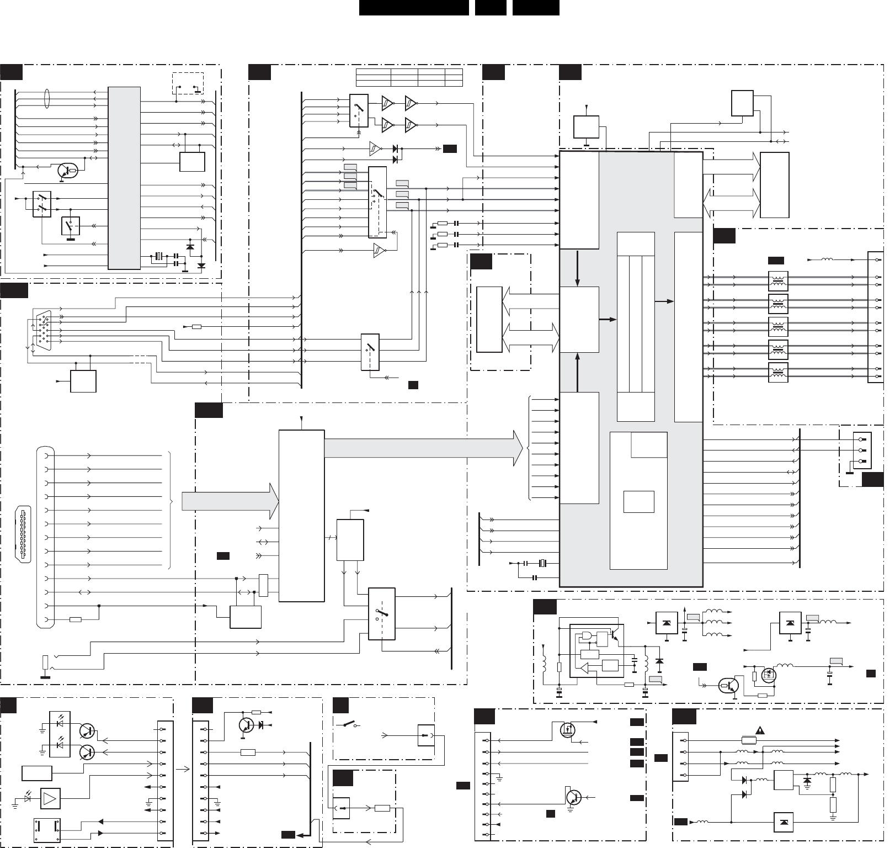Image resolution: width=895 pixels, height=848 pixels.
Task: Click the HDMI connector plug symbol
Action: [23, 534]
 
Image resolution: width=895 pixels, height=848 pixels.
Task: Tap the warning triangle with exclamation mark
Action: [760, 730]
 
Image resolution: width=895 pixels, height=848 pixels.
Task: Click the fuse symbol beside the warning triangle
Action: [749, 740]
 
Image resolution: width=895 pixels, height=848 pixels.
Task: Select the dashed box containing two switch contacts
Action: [188, 83]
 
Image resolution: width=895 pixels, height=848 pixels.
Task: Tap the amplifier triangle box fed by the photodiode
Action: [50, 798]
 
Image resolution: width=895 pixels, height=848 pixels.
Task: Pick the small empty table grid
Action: [409, 77]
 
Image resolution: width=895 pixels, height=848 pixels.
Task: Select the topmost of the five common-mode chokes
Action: [778, 281]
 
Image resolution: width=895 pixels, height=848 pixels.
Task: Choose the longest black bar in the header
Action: [414, 8]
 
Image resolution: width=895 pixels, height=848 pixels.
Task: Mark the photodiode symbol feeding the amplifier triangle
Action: [29, 799]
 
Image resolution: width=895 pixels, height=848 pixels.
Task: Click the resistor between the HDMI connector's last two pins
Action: [76, 619]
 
